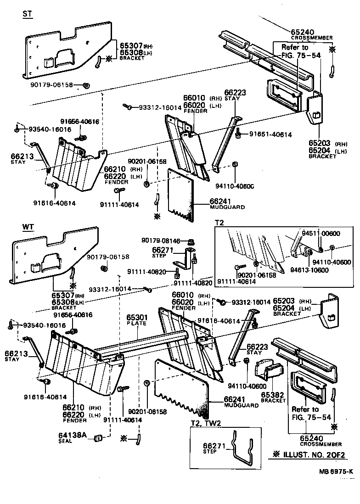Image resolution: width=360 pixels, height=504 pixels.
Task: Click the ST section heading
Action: pos(27,14)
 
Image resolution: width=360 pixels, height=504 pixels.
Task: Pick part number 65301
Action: pos(136,317)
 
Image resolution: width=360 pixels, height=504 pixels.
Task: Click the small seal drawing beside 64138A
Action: pos(97,438)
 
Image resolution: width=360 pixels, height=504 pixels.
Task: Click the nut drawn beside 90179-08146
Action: pos(191,241)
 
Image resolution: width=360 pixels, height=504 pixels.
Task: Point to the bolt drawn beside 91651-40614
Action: pos(239,134)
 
